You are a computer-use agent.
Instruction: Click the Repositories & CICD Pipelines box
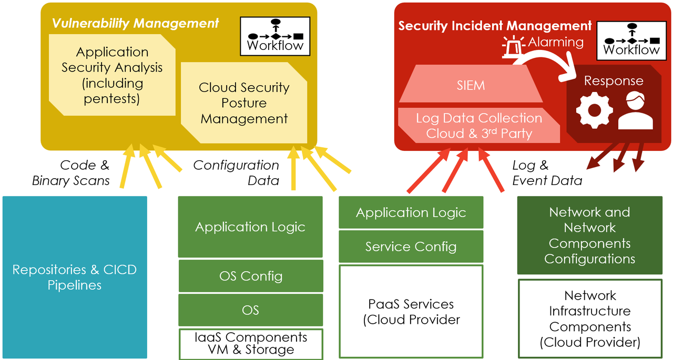click(x=74, y=277)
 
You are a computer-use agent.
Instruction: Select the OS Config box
click(x=251, y=276)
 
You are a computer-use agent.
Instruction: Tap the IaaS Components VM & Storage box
click(x=251, y=344)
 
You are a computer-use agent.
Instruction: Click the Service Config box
click(x=411, y=246)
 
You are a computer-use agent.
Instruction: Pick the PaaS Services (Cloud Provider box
click(x=411, y=311)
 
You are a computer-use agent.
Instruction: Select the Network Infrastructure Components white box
click(x=589, y=318)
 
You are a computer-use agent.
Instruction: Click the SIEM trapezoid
click(x=471, y=85)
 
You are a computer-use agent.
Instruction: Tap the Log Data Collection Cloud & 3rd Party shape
click(x=478, y=126)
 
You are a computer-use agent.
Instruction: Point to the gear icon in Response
click(x=594, y=110)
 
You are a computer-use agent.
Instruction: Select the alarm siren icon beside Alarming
click(x=514, y=46)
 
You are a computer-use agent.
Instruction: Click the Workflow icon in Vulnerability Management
click(x=274, y=36)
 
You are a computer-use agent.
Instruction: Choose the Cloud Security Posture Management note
click(x=244, y=103)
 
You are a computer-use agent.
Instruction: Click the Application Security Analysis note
click(x=112, y=75)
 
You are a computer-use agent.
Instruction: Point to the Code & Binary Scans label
click(x=71, y=173)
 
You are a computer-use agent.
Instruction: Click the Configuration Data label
click(x=237, y=173)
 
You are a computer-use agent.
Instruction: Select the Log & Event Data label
click(x=547, y=173)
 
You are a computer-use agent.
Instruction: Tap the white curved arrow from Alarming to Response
click(x=552, y=59)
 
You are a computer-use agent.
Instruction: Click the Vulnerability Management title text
click(x=135, y=23)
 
